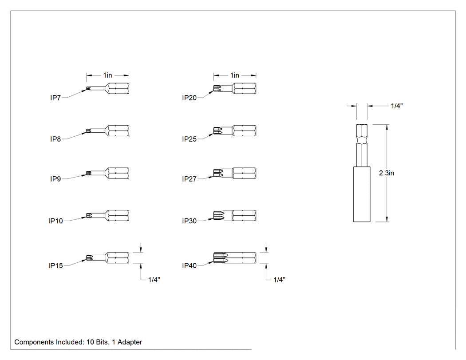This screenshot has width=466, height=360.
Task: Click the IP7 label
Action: (x=55, y=98)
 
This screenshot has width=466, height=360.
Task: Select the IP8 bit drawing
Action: (x=107, y=131)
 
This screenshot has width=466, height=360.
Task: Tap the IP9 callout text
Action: (x=55, y=179)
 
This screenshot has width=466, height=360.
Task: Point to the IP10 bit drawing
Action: (x=107, y=216)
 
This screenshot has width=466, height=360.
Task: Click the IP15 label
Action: (x=55, y=265)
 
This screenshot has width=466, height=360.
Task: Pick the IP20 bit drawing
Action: (x=235, y=89)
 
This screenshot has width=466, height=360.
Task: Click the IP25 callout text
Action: (x=190, y=139)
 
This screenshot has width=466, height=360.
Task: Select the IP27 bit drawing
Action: (x=235, y=173)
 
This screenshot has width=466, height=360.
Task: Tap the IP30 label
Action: (x=190, y=221)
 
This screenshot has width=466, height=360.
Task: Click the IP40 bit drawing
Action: (x=235, y=258)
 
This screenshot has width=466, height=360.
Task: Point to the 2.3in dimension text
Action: (x=387, y=173)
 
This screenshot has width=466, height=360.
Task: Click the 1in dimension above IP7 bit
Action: (x=107, y=75)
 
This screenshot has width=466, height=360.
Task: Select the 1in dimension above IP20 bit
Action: (x=235, y=75)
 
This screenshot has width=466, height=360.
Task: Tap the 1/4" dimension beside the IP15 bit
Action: (x=154, y=280)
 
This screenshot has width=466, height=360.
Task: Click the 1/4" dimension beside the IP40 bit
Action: (x=279, y=280)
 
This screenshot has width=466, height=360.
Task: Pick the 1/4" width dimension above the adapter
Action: (x=397, y=106)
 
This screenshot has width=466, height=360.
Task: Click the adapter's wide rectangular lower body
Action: (x=362, y=194)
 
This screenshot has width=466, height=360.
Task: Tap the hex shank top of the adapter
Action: (x=362, y=145)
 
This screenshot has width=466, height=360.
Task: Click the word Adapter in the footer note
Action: (x=130, y=342)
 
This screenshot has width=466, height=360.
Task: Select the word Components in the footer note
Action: (x=34, y=342)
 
